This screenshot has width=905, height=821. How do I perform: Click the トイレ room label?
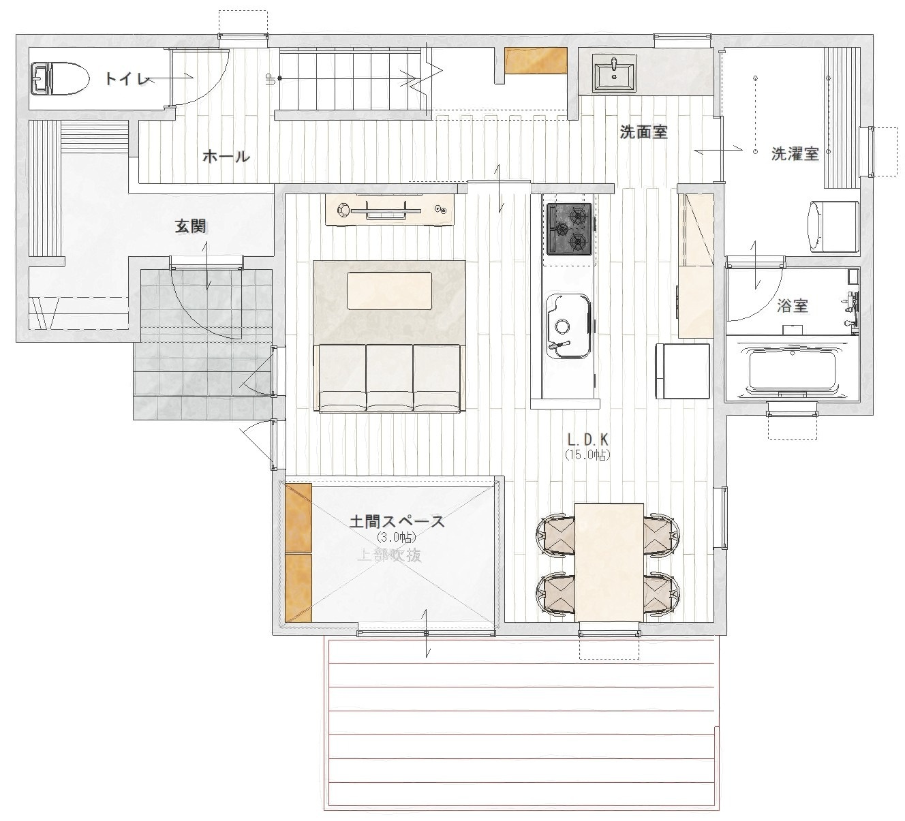[x=127, y=79]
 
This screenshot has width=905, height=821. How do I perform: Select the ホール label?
[x=226, y=157]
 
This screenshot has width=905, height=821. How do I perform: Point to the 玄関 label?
[x=191, y=226]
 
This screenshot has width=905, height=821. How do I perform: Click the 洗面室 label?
[x=643, y=132]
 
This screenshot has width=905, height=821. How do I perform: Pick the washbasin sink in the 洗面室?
[x=614, y=75]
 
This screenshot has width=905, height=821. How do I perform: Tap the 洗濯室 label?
[x=795, y=154]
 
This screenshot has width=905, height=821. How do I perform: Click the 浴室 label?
[x=792, y=306]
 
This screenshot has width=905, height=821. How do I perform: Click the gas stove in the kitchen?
[x=569, y=229]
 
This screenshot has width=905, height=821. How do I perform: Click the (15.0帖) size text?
[x=587, y=455]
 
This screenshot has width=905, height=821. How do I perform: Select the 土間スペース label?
[x=397, y=521]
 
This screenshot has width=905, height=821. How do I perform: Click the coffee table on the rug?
[x=389, y=290]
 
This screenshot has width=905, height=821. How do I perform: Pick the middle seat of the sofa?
[x=389, y=377]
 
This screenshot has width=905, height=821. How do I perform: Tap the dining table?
[x=609, y=562]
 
